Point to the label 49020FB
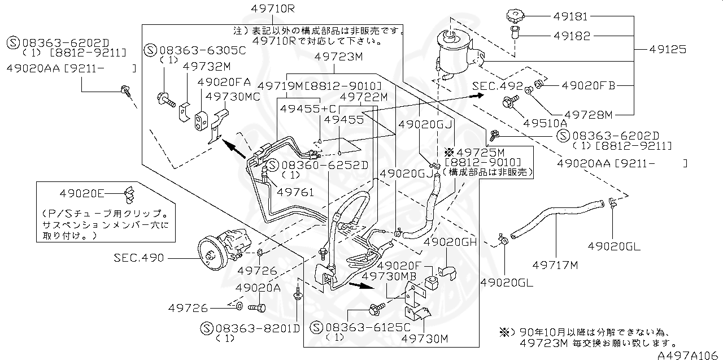tap(587, 86)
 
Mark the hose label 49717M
tap(556, 264)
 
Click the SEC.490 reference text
tap(138, 258)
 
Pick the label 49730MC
tap(233, 97)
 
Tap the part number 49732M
tap(207, 66)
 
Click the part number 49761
tap(294, 192)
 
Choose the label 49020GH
tap(450, 242)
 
